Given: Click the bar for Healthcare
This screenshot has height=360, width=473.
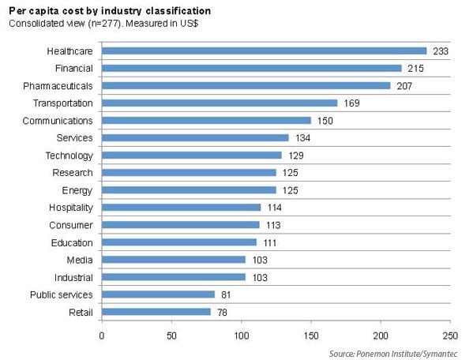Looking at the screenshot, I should coord(264,51).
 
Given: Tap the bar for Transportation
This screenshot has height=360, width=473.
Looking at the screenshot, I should coord(219,103).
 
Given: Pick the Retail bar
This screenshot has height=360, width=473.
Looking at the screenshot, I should coord(156,312).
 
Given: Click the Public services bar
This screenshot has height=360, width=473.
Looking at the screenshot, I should coord(157,294).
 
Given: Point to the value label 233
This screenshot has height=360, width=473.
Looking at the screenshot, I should coord(441,51).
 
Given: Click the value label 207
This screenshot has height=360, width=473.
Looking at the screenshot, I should coord(404,85).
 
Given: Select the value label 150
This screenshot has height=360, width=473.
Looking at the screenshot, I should coord(325,120).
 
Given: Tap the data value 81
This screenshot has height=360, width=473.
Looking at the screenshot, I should coord(227,294).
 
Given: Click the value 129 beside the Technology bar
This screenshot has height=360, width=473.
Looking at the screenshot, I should coord(295,156).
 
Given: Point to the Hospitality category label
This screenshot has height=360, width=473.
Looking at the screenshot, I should coord(70,208).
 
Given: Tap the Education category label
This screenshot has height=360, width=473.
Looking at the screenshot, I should coord(72,242).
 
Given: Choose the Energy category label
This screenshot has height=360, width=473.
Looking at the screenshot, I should coord(77,190).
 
